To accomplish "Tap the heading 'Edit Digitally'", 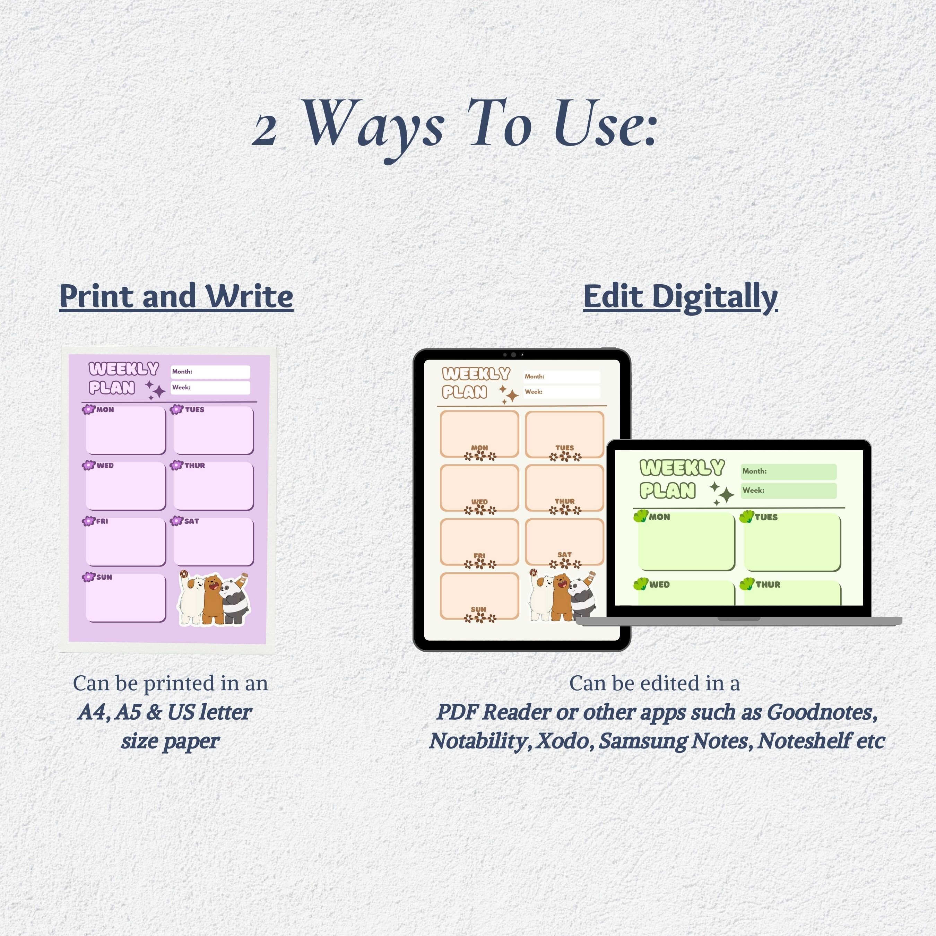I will [x=680, y=296].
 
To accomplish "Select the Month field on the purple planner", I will [x=210, y=372].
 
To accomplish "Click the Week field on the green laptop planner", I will [x=788, y=490].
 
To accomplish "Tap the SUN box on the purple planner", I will [x=125, y=598].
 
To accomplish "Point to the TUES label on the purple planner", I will [x=195, y=409].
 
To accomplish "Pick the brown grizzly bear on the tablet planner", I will [x=561, y=597].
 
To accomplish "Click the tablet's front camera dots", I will [x=513, y=355].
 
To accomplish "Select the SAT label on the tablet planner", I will [x=564, y=554].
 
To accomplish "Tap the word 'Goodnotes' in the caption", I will [x=822, y=712].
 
